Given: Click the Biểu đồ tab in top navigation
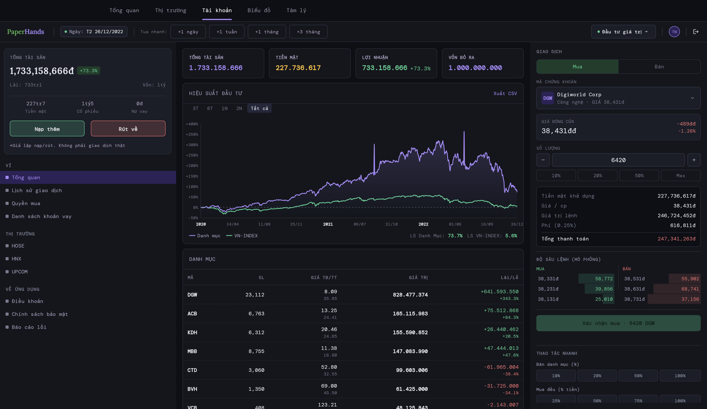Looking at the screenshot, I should (x=259, y=10).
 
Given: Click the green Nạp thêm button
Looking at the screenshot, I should (x=47, y=129).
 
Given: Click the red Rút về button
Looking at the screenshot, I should (x=128, y=129).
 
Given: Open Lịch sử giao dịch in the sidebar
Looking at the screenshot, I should (x=37, y=190).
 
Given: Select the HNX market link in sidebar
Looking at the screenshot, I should (x=16, y=259).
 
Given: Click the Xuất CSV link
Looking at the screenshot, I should (x=505, y=93).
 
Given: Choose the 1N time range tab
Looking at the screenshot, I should (x=225, y=108).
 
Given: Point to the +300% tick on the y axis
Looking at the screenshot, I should (x=192, y=145).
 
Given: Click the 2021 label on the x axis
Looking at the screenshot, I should (x=328, y=224).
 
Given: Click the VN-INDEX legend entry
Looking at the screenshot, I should (x=246, y=236).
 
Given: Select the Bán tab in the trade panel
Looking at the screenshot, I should (x=659, y=67).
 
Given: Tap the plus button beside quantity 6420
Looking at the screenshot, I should (x=694, y=160).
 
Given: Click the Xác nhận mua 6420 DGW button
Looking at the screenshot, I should (x=618, y=323).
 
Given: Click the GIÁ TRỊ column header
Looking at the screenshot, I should (x=418, y=278).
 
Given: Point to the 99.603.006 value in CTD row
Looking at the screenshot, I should (x=411, y=370).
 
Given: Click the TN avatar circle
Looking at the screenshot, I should (x=674, y=32).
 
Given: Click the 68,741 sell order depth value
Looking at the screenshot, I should (x=690, y=289).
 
